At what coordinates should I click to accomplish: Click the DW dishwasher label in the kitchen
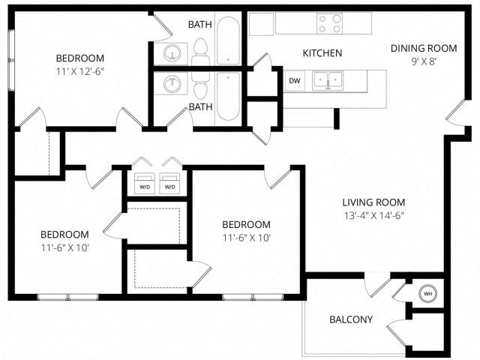(295, 80)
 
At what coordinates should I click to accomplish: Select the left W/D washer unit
(144, 186)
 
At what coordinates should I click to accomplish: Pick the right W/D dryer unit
(171, 186)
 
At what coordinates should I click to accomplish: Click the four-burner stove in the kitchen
(329, 24)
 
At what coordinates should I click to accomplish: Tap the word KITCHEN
(322, 53)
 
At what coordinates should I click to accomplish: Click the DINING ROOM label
(424, 48)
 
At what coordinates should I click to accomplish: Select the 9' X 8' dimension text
(424, 61)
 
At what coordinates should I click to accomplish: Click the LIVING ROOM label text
(373, 202)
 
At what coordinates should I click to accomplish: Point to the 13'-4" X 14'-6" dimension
(373, 216)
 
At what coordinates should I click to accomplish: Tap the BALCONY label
(351, 319)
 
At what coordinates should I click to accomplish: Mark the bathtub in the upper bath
(228, 40)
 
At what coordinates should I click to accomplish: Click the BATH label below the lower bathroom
(200, 107)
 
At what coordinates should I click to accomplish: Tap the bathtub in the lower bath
(228, 97)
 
